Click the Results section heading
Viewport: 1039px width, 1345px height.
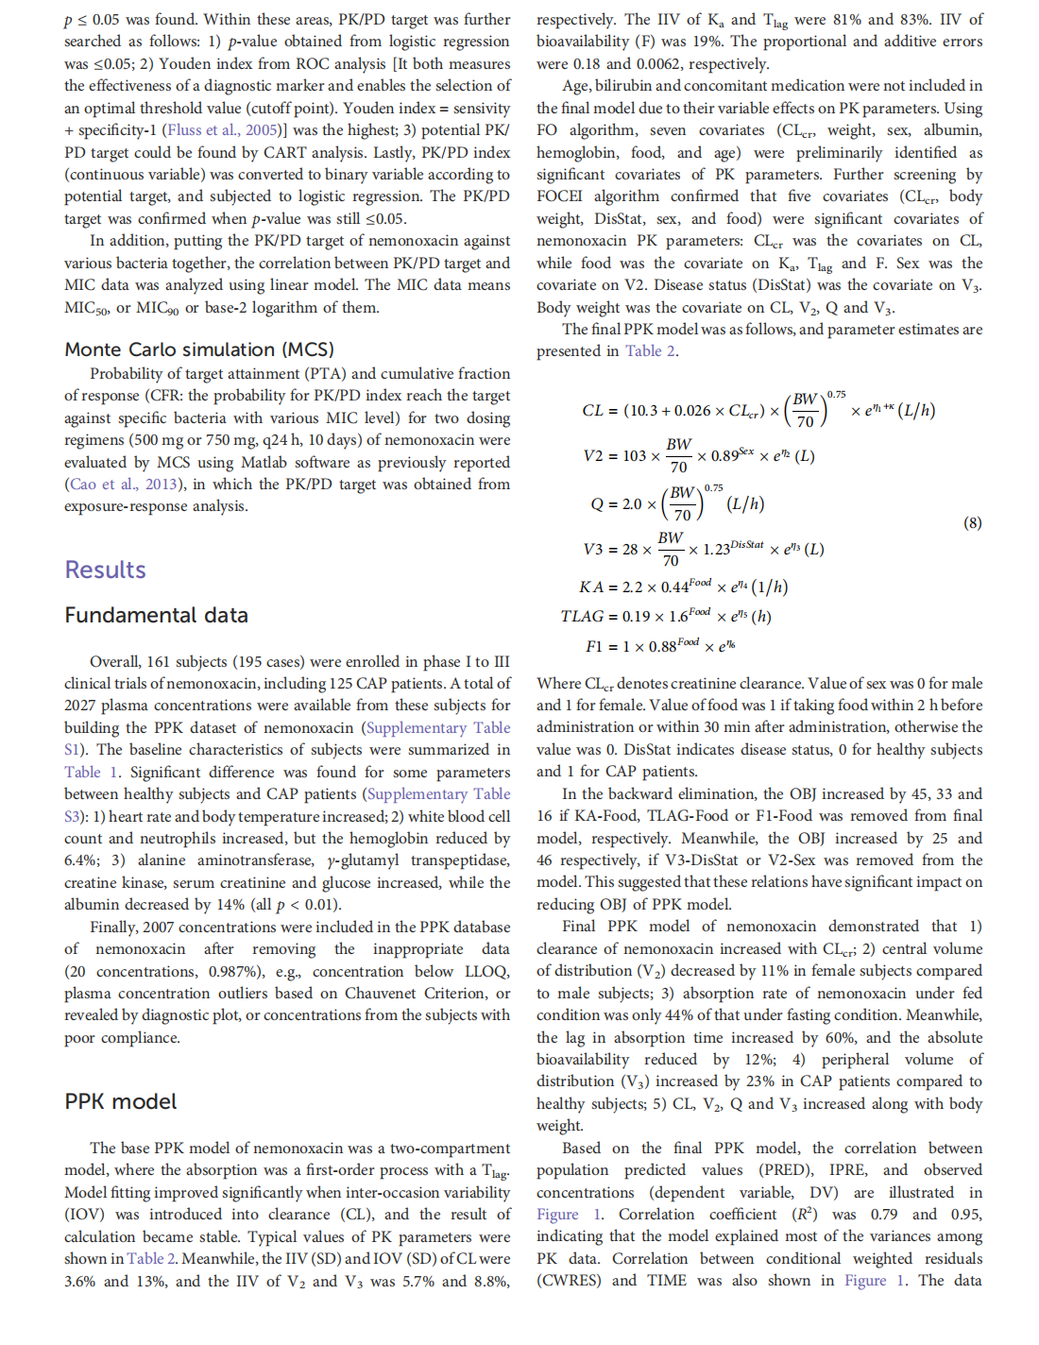[105, 570]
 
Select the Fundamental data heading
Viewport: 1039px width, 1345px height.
[156, 616]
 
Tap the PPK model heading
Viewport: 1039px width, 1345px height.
[120, 1101]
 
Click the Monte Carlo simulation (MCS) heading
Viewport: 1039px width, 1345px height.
[198, 349]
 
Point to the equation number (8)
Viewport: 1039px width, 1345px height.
[972, 522]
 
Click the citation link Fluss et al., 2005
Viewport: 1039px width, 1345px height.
[223, 130]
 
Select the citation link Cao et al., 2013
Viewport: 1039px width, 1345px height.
[124, 485]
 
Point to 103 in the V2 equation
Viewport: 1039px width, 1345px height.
[635, 456]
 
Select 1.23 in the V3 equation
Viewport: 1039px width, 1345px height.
[715, 550]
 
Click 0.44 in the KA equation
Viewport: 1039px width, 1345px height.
[673, 587]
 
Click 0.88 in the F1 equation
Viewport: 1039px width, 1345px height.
[663, 647]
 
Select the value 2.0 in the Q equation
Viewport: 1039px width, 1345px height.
[631, 504]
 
